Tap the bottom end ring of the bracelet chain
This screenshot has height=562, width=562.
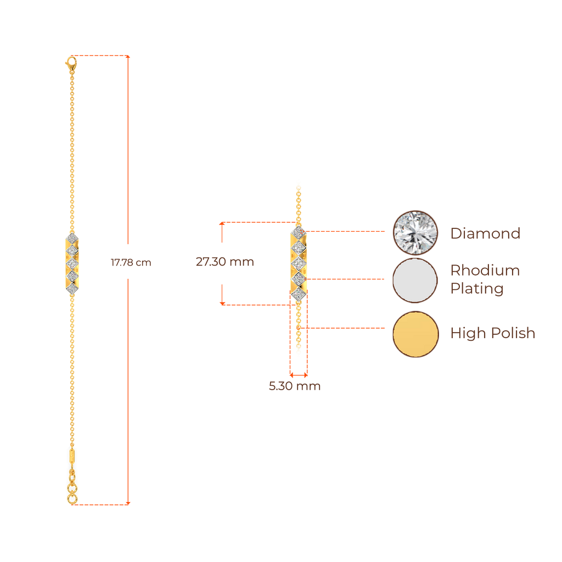tap(71, 500)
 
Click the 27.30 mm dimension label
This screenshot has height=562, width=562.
tap(225, 262)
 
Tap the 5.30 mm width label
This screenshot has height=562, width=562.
tap(295, 386)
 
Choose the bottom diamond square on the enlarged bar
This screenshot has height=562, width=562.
tap(298, 296)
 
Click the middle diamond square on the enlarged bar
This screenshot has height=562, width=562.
tap(298, 265)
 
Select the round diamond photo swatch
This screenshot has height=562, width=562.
tap(415, 233)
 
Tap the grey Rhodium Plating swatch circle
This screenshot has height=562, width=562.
tap(415, 280)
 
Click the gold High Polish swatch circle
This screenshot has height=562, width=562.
tap(415, 334)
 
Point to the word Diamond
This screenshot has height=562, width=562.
tap(485, 234)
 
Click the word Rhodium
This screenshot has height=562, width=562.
tap(485, 271)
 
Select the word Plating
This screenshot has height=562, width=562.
tap(476, 289)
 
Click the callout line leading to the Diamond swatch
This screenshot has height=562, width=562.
tap(346, 232)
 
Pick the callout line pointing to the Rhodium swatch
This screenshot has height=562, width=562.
tap(346, 279)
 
